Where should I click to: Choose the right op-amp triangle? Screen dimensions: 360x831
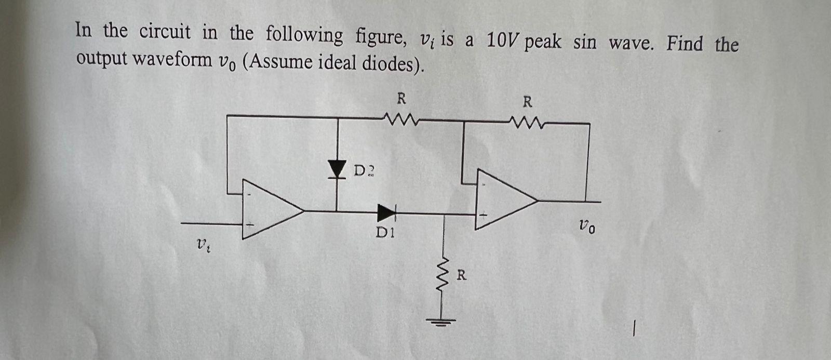[505, 200]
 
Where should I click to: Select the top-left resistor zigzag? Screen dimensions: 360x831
[400, 121]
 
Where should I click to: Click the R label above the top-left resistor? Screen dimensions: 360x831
[401, 98]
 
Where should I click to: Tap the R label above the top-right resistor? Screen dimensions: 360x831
[527, 101]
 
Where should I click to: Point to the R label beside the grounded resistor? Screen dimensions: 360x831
[461, 275]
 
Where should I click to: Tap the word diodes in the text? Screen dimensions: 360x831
[392, 64]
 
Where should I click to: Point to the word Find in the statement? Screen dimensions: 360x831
[685, 43]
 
